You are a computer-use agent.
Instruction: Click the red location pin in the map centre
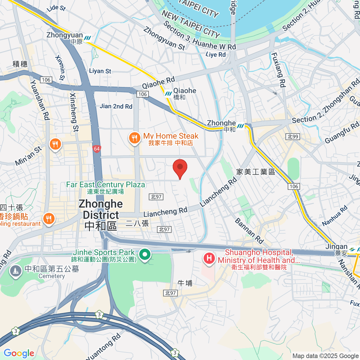180,168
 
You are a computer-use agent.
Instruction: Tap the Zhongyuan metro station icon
88,38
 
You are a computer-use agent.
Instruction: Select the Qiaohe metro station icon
168,94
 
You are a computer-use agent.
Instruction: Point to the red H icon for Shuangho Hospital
209,258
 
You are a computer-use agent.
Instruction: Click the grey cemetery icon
15,271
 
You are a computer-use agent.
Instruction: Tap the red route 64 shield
97,149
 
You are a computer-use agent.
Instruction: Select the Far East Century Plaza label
106,187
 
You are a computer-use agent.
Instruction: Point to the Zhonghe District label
101,215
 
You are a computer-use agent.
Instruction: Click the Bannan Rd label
249,231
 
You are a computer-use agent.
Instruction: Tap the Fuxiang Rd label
278,70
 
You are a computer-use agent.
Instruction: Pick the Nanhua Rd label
335,215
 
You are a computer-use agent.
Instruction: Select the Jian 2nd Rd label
116,106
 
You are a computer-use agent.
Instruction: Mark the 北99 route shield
293,137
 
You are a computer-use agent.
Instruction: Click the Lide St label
56,8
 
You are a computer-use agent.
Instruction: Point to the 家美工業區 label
256,172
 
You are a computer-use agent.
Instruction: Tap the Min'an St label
28,156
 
